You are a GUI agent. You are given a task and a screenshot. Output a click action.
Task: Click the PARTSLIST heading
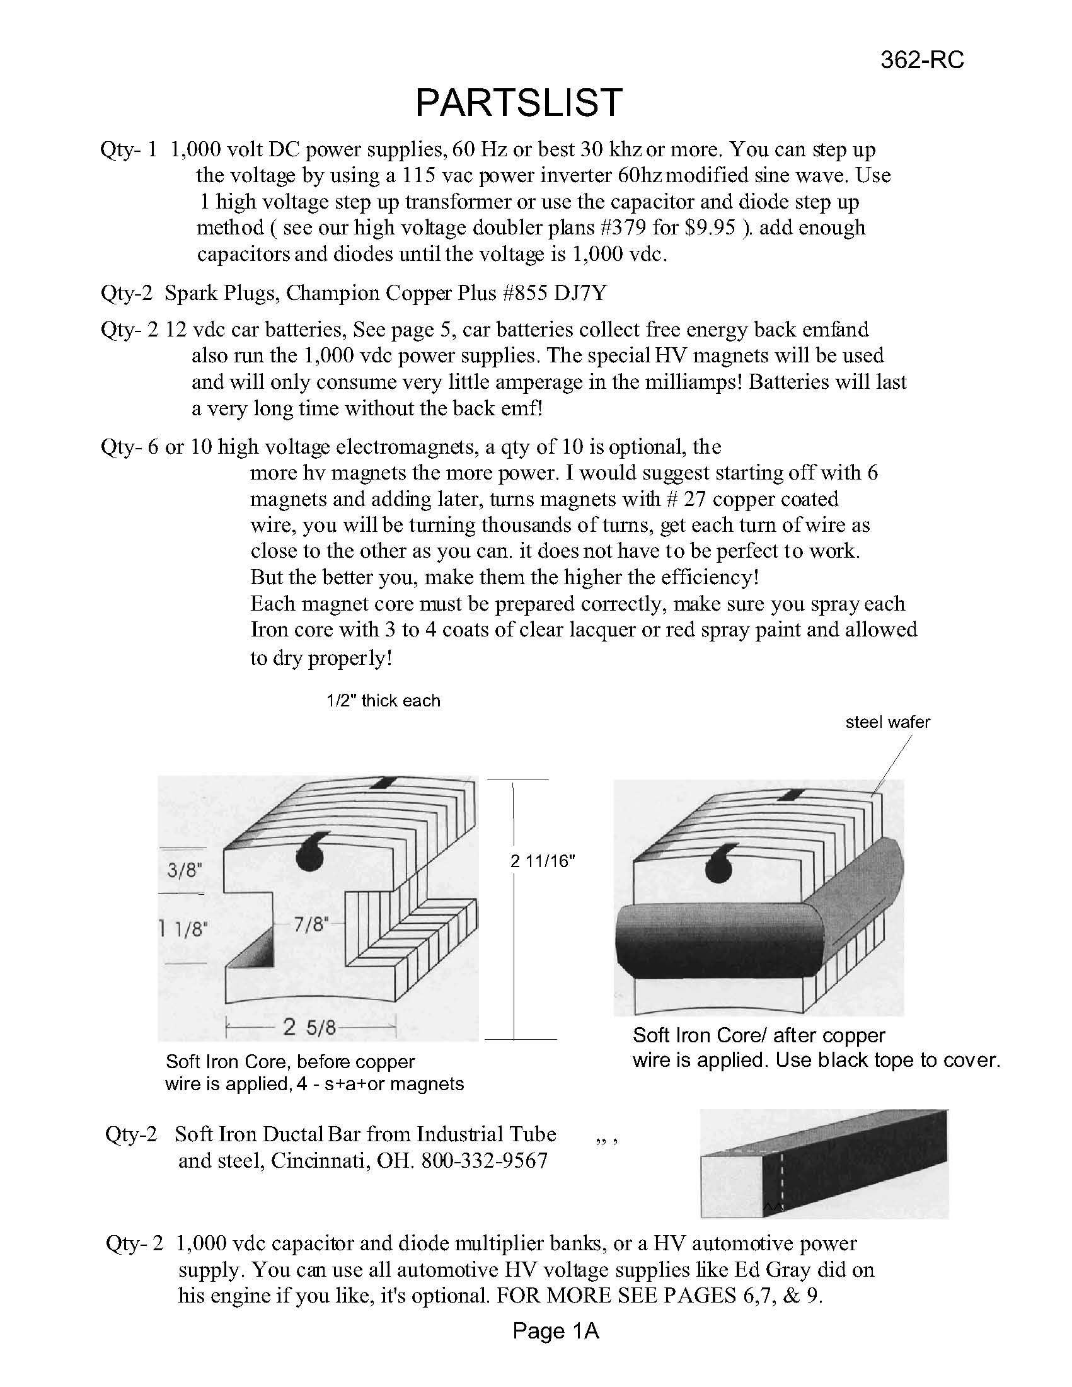pyautogui.click(x=519, y=102)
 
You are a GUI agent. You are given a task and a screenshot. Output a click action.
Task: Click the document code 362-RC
pyautogui.click(x=921, y=60)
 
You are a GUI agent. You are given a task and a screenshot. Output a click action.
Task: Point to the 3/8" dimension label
pyautogui.click(x=184, y=870)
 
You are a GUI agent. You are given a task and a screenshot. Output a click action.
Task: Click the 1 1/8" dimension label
pyautogui.click(x=184, y=929)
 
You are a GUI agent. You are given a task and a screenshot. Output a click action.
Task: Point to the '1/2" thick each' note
pyautogui.click(x=383, y=701)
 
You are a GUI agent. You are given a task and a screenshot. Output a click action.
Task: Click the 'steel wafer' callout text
pyautogui.click(x=887, y=722)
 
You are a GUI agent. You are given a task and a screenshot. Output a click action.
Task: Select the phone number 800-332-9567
pyautogui.click(x=484, y=1161)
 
